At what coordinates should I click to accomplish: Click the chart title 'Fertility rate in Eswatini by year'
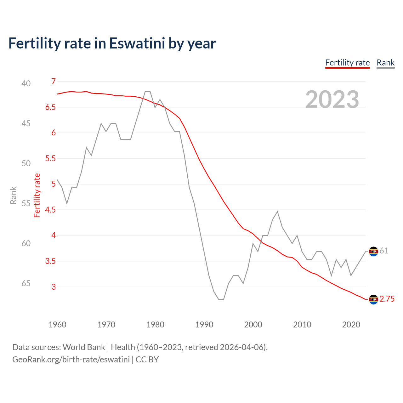(x=112, y=43)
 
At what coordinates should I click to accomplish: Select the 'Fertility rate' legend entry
(x=347, y=63)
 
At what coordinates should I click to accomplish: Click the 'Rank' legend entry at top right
(x=385, y=63)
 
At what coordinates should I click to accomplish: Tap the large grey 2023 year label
(x=332, y=99)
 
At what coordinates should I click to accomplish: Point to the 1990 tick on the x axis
(x=204, y=325)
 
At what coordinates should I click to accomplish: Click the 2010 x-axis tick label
(x=302, y=325)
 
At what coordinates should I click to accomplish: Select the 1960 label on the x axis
(x=57, y=325)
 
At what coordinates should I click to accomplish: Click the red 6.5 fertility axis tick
(x=50, y=107)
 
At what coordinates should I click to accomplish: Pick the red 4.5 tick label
(x=50, y=210)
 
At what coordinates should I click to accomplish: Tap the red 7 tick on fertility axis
(x=54, y=82)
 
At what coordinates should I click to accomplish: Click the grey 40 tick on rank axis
(x=26, y=83)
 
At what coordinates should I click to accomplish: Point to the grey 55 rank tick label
(x=26, y=203)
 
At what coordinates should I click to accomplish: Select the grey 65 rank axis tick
(x=26, y=283)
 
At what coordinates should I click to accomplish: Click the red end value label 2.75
(x=387, y=299)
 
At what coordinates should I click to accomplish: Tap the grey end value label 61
(x=384, y=251)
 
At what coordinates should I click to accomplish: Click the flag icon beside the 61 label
(x=373, y=251)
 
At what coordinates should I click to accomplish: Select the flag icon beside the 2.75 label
(x=373, y=299)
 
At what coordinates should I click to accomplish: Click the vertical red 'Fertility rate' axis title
(x=37, y=196)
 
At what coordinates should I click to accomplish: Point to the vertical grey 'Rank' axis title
(x=13, y=196)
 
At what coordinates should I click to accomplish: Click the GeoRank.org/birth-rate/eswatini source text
(x=71, y=360)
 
